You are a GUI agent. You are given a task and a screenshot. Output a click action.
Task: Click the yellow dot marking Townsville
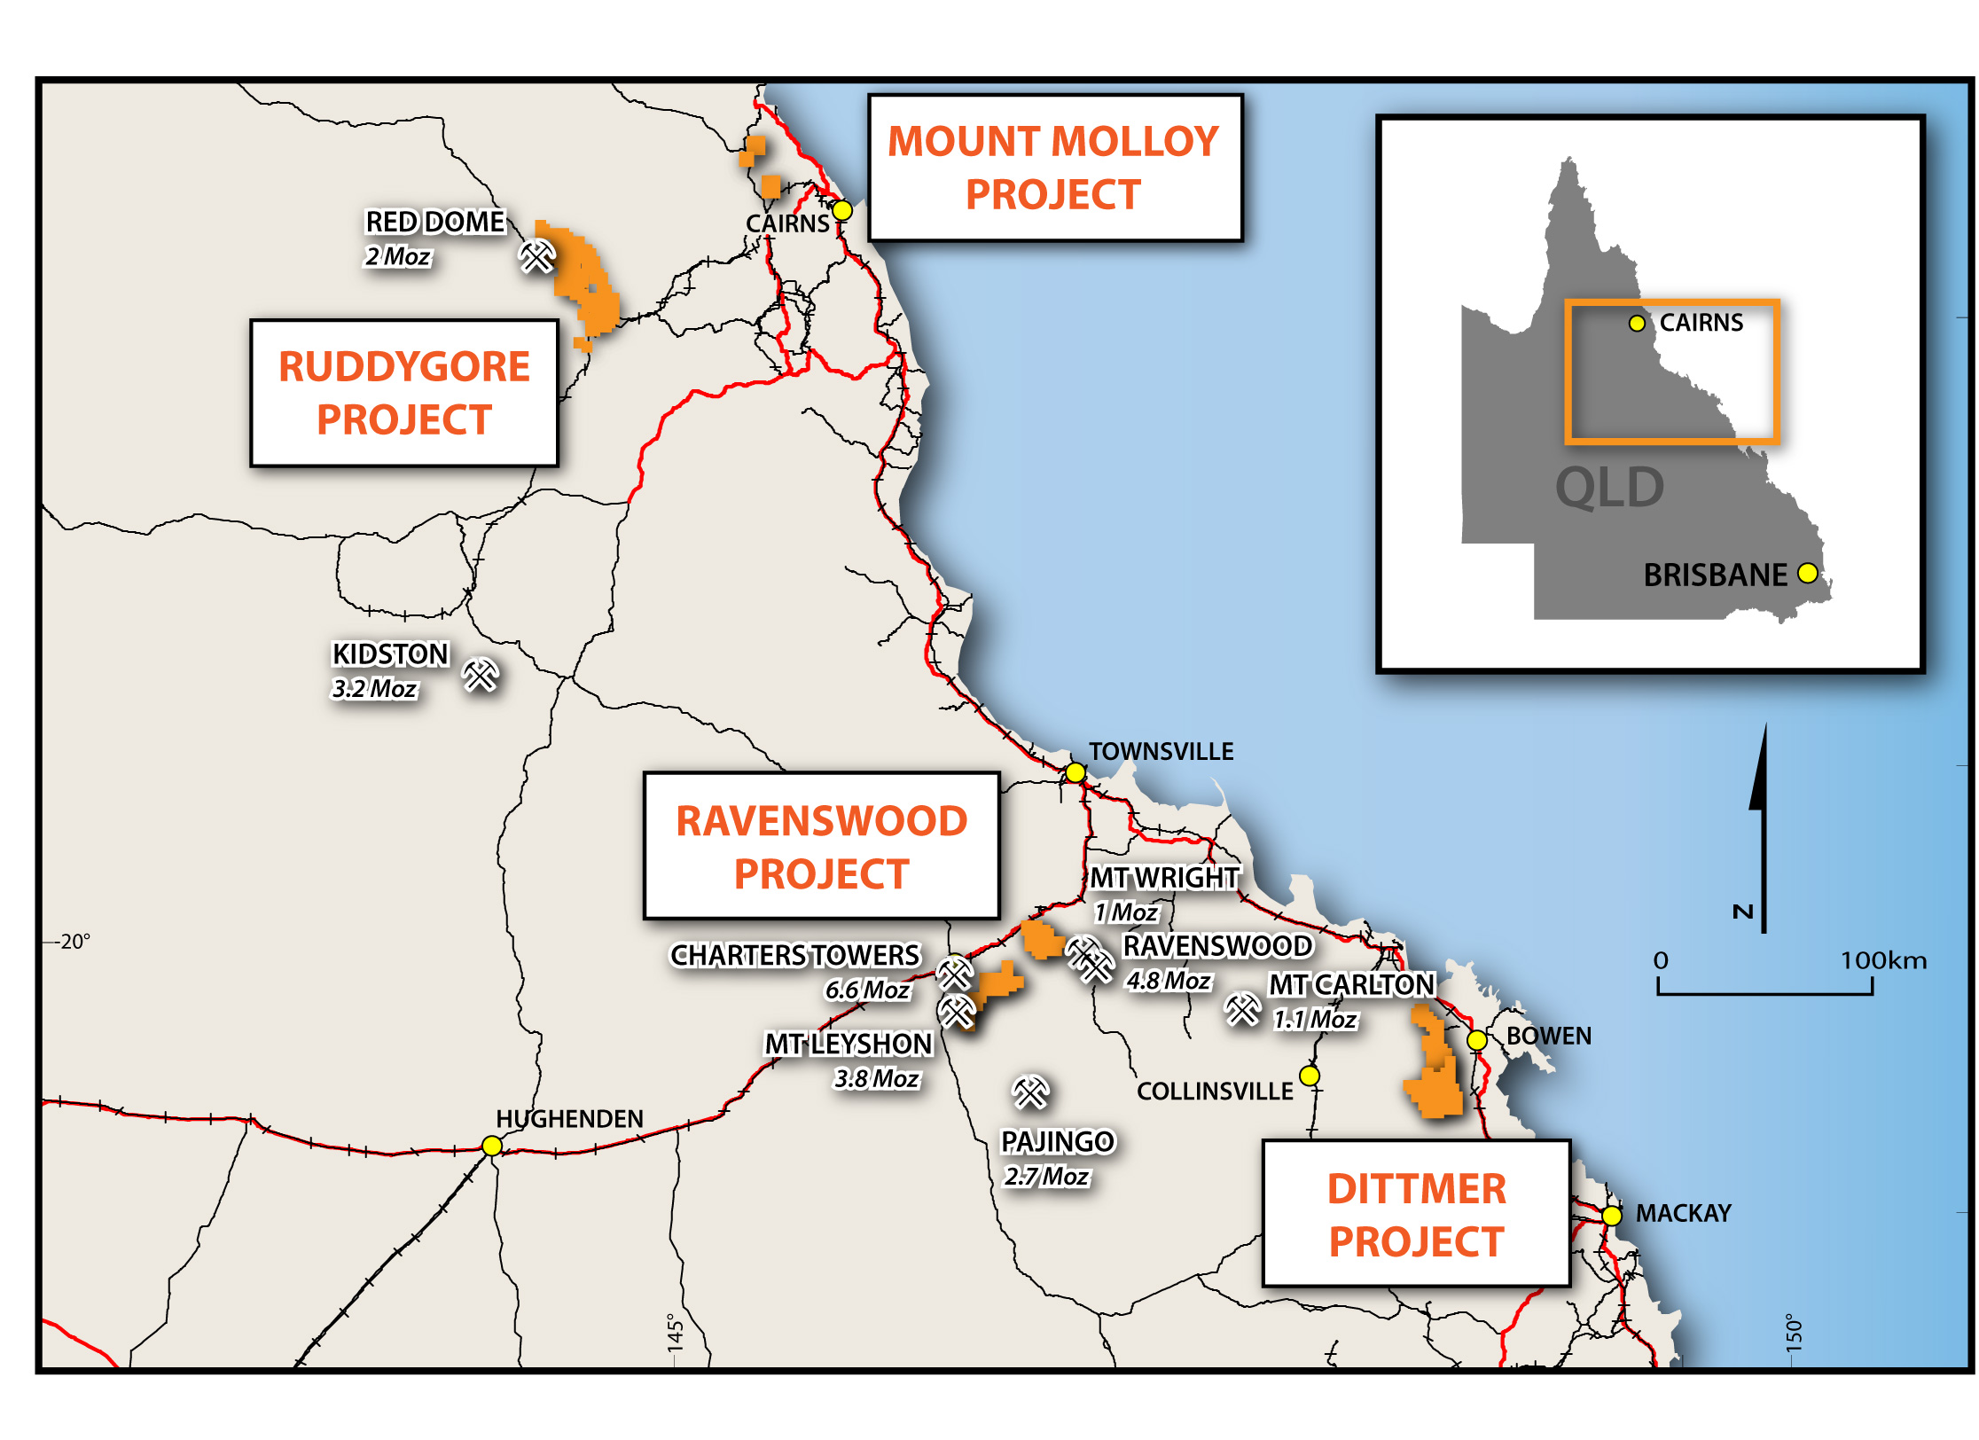[1076, 772]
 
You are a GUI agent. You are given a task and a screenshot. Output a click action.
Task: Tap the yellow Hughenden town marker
[492, 1146]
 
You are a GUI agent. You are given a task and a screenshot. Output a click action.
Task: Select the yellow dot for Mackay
[1612, 1215]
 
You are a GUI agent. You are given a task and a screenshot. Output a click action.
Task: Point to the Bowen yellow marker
[1477, 1040]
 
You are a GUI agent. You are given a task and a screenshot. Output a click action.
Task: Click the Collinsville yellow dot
[1310, 1076]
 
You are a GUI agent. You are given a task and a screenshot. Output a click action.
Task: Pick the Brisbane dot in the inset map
[1807, 573]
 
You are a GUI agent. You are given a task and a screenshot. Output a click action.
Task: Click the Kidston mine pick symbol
[481, 676]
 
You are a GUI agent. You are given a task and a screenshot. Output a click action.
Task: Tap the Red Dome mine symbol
[536, 256]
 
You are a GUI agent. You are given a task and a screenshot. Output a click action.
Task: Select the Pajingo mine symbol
[1031, 1092]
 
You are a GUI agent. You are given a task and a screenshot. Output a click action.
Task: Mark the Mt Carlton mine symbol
[1242, 1009]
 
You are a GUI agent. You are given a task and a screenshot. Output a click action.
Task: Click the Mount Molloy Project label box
[1055, 168]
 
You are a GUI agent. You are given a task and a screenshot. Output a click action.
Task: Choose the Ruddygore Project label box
[404, 393]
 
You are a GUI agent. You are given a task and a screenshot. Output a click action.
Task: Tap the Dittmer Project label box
[1416, 1214]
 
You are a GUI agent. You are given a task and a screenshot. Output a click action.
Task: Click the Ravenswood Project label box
[821, 847]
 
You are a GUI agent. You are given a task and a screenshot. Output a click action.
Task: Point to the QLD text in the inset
[1610, 487]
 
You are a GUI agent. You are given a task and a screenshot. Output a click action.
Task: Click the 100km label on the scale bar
[1883, 960]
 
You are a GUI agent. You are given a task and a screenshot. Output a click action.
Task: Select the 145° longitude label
[676, 1333]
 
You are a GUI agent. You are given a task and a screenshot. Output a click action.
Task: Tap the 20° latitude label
[75, 942]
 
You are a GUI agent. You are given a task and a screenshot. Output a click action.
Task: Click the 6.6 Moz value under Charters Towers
[867, 990]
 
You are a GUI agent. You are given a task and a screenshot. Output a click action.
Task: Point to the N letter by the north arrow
[1743, 912]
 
